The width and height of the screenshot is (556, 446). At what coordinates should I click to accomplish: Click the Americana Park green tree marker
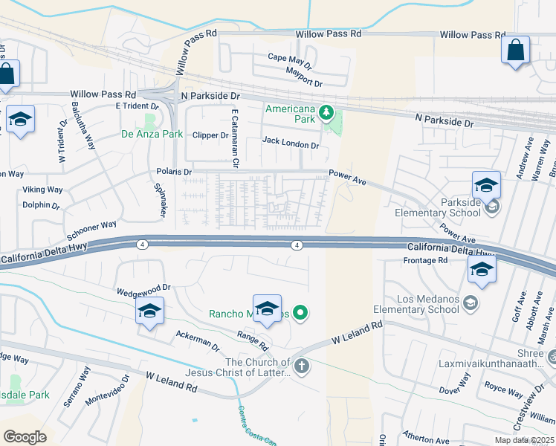326,114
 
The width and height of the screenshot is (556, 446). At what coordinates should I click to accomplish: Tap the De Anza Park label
152,135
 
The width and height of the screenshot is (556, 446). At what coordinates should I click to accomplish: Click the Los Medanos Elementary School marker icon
470,303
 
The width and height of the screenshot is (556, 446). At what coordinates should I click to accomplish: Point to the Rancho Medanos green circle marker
300,314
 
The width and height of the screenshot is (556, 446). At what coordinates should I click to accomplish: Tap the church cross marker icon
301,366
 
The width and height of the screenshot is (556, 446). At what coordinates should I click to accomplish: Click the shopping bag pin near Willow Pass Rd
515,51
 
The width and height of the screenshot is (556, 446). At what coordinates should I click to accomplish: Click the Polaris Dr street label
174,172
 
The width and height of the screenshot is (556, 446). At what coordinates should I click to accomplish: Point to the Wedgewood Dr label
143,287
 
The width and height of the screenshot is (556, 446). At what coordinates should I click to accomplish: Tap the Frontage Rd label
425,261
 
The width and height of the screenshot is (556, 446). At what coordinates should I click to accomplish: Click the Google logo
25,437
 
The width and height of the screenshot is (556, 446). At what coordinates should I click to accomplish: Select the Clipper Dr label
210,135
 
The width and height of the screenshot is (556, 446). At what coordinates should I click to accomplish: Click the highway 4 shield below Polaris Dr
141,245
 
